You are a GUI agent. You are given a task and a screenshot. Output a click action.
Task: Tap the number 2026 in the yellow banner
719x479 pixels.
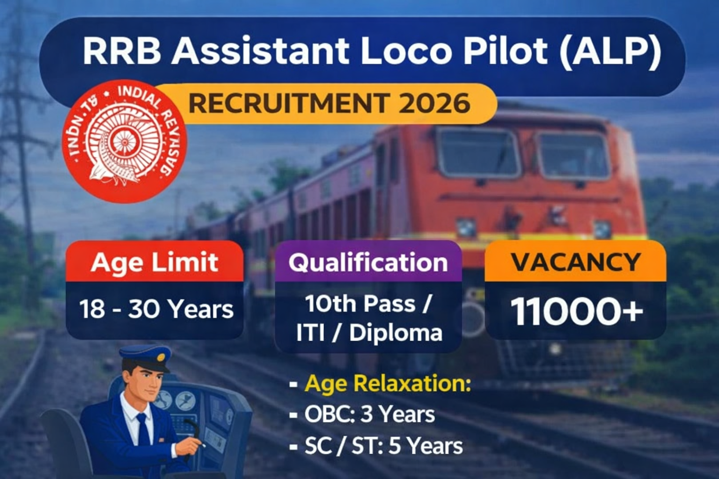[434, 103]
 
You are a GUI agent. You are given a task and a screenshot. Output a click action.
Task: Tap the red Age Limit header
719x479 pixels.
[154, 262]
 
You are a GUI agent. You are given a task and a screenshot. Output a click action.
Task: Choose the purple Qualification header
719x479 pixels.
[368, 262]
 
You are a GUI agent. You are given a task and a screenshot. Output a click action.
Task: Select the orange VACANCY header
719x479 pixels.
[575, 262]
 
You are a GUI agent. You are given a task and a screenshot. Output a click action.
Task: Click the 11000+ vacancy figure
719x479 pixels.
[577, 312]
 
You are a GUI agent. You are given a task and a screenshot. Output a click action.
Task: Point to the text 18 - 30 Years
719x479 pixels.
[156, 309]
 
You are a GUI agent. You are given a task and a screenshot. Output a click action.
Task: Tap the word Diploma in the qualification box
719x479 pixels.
[396, 333]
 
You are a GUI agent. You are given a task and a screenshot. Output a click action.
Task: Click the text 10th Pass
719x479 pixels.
[360, 304]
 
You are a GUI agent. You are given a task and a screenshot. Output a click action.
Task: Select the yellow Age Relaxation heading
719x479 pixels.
[388, 384]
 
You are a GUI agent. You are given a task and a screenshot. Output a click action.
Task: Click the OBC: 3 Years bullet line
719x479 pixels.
[369, 414]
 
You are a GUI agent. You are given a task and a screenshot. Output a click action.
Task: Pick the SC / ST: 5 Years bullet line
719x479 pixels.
[383, 446]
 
